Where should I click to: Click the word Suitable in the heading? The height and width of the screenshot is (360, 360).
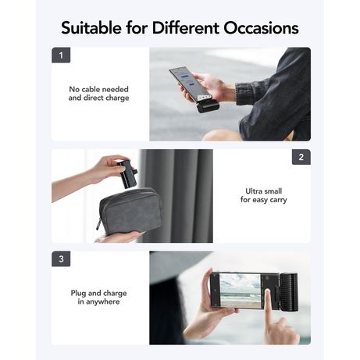(x=91, y=28)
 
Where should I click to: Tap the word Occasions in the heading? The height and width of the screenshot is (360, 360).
(x=261, y=28)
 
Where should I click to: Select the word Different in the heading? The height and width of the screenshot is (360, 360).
(x=186, y=28)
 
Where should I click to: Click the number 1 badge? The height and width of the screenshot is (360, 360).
(x=61, y=55)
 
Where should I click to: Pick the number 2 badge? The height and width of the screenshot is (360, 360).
(x=301, y=157)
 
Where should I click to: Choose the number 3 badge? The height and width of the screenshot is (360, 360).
(x=61, y=258)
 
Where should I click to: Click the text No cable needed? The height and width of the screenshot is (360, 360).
(x=98, y=89)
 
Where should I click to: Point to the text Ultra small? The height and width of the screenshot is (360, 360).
(x=263, y=191)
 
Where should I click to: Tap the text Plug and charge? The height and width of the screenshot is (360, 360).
(x=98, y=293)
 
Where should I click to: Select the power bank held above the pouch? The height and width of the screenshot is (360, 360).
(x=127, y=173)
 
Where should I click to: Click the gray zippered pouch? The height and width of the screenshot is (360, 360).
(x=130, y=211)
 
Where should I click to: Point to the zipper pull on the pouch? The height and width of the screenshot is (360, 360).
(x=98, y=224)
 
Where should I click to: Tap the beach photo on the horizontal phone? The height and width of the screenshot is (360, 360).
(x=240, y=290)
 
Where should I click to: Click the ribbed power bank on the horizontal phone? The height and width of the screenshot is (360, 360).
(x=288, y=292)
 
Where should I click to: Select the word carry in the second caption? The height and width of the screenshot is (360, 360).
(x=278, y=200)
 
